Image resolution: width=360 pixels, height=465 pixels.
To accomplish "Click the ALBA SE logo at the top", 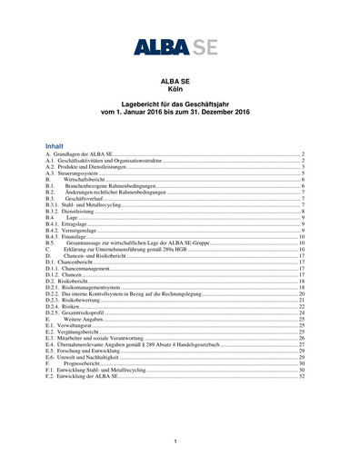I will tap(180, 46).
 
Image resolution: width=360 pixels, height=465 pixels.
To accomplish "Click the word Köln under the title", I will tap(180, 89).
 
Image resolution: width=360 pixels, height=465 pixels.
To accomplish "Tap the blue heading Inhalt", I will tap(55, 144).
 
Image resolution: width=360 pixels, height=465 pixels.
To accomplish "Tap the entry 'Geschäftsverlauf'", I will tap(91, 199).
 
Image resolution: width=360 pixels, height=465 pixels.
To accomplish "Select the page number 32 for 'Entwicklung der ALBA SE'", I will tap(302, 377).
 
